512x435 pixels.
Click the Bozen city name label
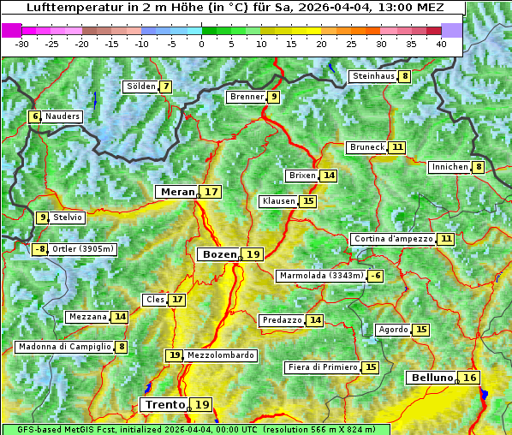[218, 254]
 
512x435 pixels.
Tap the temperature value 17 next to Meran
[211, 192]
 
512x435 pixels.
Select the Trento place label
[164, 404]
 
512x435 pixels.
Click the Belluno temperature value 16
[469, 378]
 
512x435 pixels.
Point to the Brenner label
[247, 97]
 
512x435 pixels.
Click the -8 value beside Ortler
[39, 249]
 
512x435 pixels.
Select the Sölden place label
[140, 86]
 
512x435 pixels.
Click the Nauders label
[63, 116]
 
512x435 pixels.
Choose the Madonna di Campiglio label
[64, 347]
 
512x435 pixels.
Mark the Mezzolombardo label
[220, 355]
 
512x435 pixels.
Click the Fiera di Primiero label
[322, 367]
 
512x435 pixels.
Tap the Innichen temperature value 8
[479, 167]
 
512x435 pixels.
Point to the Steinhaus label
[372, 76]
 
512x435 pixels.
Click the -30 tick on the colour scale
[22, 44]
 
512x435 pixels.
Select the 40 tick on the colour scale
[441, 44]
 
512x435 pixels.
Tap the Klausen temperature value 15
[308, 201]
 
